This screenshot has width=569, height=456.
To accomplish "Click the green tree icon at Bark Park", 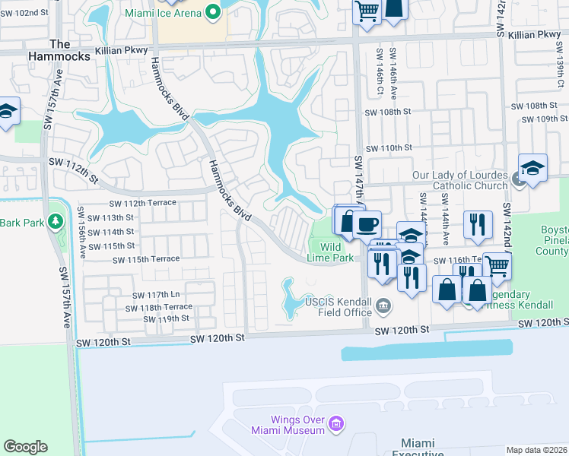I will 54,221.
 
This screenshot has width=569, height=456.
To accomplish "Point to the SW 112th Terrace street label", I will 142,204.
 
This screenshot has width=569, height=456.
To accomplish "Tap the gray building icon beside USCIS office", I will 385,306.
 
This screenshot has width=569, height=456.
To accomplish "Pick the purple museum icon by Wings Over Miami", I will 338,423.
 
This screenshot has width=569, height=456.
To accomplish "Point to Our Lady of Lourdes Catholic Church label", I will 459,180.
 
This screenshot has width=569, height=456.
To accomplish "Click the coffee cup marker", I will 367,224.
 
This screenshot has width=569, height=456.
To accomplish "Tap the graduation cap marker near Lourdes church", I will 532,169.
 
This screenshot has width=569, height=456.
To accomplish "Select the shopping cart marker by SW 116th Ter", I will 497,266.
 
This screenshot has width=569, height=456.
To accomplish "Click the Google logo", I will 25,447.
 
